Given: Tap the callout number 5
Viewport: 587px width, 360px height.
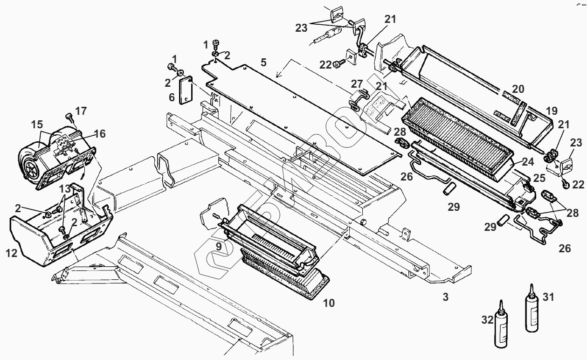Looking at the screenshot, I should pyautogui.click(x=264, y=62).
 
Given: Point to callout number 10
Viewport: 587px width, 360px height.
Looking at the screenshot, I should pyautogui.click(x=329, y=303).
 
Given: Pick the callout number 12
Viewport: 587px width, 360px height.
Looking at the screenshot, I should pyautogui.click(x=12, y=254).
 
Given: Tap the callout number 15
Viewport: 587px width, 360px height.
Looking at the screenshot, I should pyautogui.click(x=37, y=125).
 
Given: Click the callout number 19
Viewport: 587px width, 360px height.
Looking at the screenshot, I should pyautogui.click(x=552, y=111).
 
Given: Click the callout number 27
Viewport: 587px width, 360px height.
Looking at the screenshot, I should pyautogui.click(x=357, y=84).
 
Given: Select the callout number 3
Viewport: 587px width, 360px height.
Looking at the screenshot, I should pyautogui.click(x=445, y=297).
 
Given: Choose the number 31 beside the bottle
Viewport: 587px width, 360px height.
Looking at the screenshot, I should pyautogui.click(x=548, y=297).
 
